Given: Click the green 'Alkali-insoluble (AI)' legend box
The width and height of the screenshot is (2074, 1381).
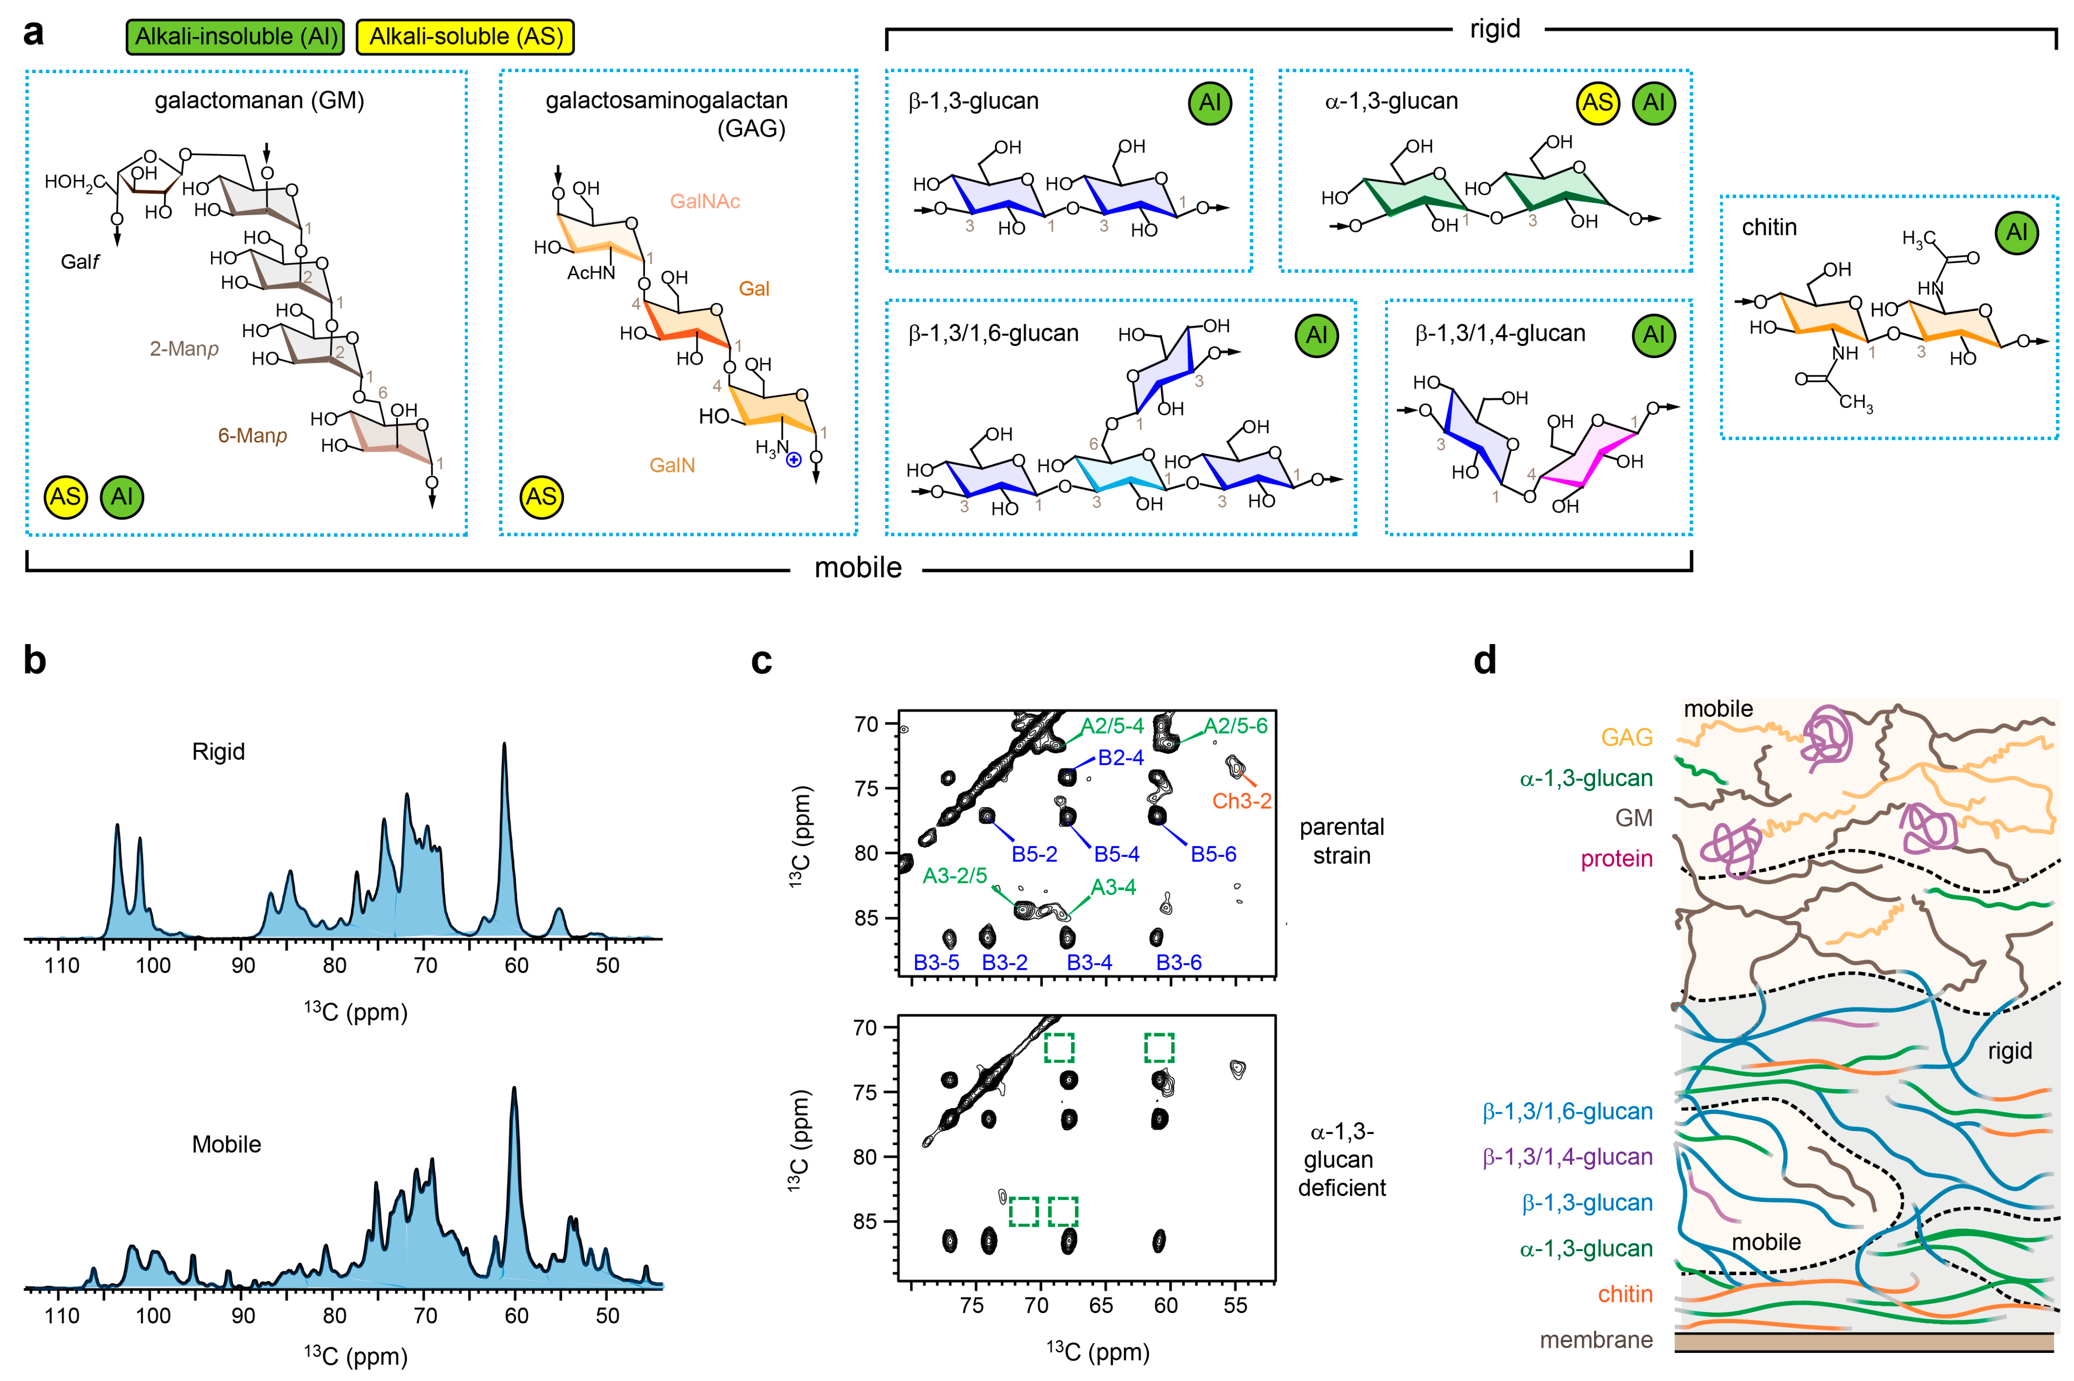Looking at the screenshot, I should coord(235,37).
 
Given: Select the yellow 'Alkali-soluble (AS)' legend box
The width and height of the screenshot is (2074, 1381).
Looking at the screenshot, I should coord(465,37).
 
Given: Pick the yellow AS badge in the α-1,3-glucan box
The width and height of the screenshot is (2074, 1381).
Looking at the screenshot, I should coord(1597,103).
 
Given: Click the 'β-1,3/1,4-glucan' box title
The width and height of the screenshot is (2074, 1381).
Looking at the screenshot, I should coord(1500,334).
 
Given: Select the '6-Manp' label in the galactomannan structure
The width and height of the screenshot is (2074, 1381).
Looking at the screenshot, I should coord(253,435).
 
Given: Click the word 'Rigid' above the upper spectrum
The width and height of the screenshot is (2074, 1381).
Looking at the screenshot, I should coord(218,751).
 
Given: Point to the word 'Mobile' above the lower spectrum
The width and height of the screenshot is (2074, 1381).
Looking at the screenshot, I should coord(226,1144).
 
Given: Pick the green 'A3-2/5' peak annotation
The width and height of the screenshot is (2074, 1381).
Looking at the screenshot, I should coord(955,876).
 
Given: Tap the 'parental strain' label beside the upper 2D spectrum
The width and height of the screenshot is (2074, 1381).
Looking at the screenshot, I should coord(1341,841).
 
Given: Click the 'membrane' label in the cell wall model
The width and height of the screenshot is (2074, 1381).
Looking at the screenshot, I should coord(1596,1340).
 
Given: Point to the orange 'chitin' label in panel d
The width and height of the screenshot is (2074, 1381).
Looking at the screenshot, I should coord(1625,1294).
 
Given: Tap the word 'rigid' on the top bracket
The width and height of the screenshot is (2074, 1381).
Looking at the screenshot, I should coord(1495,29).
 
